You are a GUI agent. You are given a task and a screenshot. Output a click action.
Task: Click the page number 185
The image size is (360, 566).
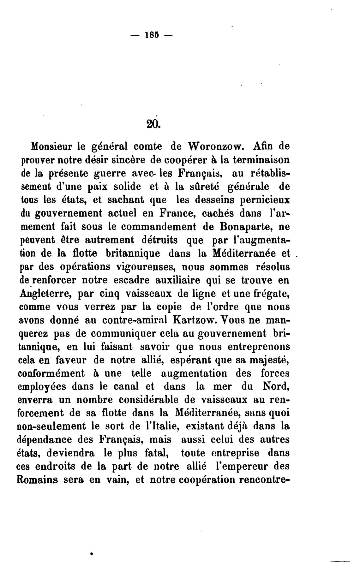point(151,35)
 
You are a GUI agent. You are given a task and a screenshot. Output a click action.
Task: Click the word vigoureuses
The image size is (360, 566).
point(144,267)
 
